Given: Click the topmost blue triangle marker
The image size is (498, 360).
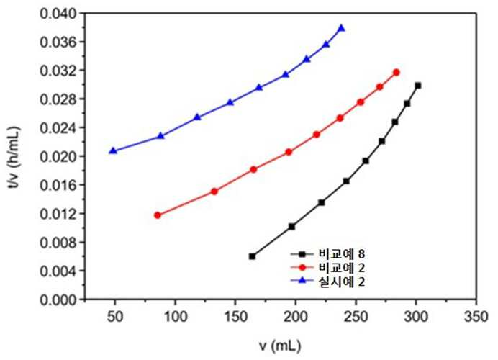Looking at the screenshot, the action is pos(341,28).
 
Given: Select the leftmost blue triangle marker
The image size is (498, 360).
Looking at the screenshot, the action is pos(113,150).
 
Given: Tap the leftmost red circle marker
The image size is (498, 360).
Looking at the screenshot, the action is pos(157,215).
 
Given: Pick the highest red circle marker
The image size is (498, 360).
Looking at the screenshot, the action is pos(397,73).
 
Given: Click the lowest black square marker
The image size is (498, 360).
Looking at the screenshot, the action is pos(252,256).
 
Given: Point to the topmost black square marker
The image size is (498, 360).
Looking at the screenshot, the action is pos(418,86).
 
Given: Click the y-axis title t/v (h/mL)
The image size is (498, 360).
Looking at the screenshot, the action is pos(14,158).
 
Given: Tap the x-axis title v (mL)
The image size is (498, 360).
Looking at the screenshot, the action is pos(279,346).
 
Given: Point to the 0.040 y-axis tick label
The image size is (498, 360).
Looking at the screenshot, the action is pos(59,14).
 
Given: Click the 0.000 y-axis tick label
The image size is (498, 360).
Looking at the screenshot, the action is pos(59,300).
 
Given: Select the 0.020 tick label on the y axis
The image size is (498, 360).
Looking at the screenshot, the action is pos(59,157).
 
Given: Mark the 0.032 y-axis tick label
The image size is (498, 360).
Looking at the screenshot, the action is pos(59,71).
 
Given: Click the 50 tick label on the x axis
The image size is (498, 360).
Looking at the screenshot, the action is pos(114,317).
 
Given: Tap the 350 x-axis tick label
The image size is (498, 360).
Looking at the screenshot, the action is pos(476,317).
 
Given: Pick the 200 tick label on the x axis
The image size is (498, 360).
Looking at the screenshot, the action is pos(296,317).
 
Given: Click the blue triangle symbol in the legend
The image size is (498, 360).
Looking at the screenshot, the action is pos(302,281).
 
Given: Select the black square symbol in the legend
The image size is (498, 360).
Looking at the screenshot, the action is pos(302,254).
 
